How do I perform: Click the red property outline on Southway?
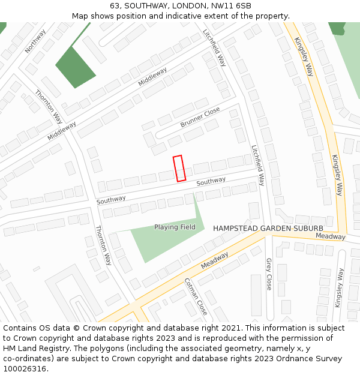179,168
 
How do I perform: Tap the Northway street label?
35,41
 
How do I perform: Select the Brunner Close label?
200,117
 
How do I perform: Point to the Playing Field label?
175,227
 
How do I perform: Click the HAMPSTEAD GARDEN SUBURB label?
268,229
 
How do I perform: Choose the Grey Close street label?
269,274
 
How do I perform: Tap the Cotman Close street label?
196,296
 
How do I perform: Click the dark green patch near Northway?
75,66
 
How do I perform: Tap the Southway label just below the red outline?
211,181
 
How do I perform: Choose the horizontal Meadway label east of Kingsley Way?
331,236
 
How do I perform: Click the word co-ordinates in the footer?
28,359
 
